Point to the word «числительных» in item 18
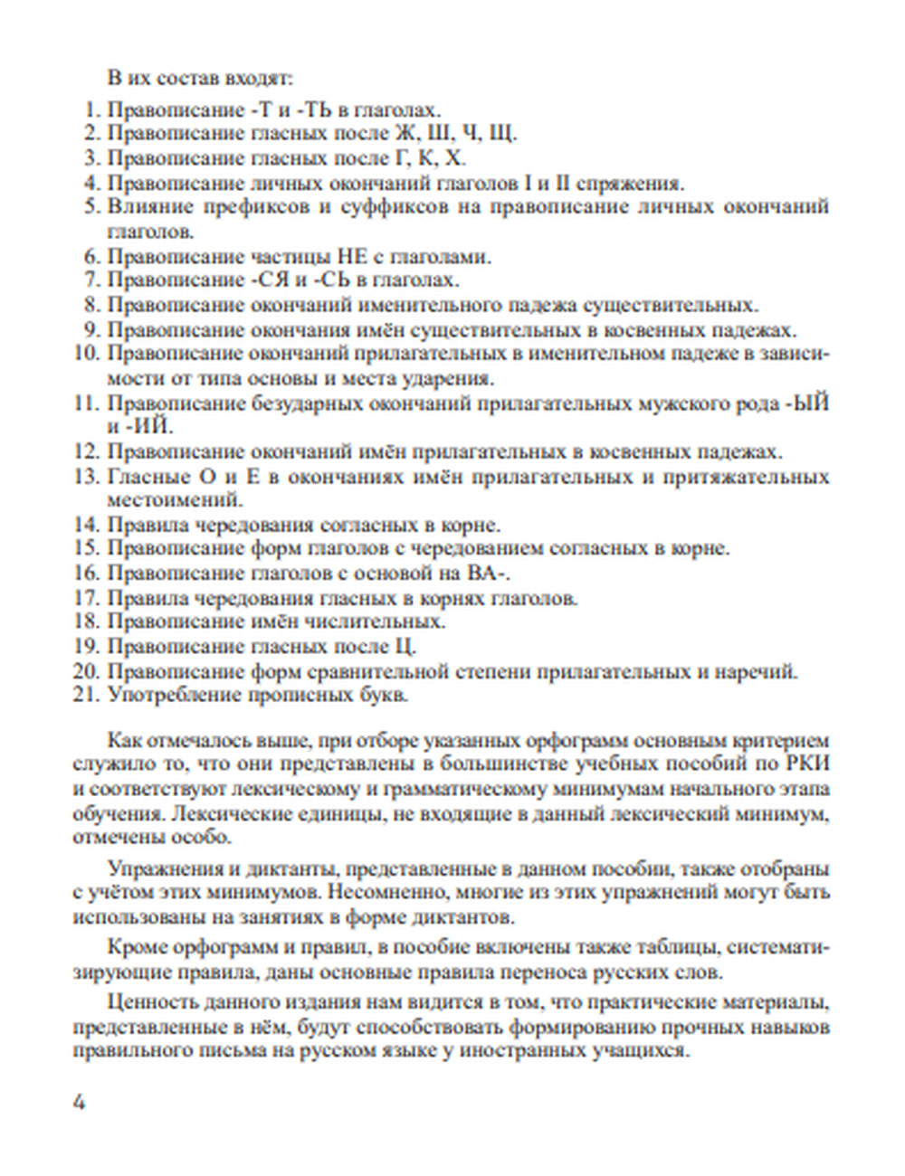tap(380, 622)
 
